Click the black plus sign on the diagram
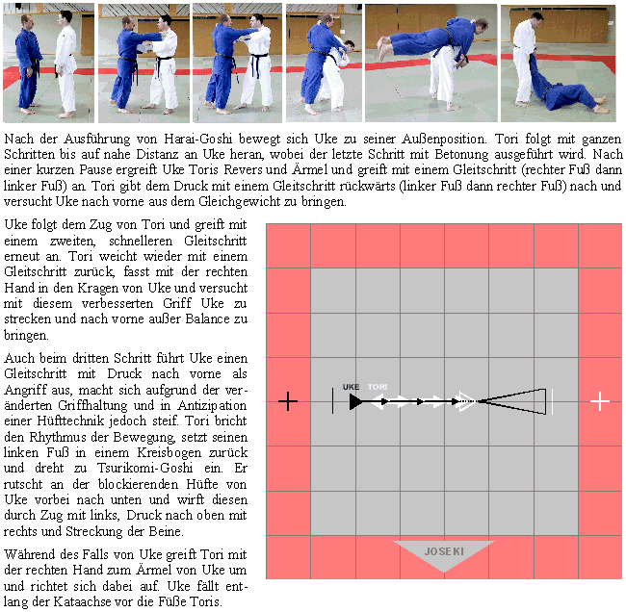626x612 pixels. point(288,401)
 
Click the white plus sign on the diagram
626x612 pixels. point(600,401)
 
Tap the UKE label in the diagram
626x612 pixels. point(351,387)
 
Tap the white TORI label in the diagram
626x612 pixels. point(378,387)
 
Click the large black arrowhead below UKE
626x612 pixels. point(356,401)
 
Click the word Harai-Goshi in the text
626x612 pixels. point(198,139)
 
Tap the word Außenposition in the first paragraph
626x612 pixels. point(444,139)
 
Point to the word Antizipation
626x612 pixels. point(213,405)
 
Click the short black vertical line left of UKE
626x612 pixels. point(332,400)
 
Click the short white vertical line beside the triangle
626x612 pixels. point(553,401)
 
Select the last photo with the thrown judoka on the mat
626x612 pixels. point(559,64)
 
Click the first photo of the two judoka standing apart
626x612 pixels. point(49,64)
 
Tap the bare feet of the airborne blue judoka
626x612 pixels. point(383,46)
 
